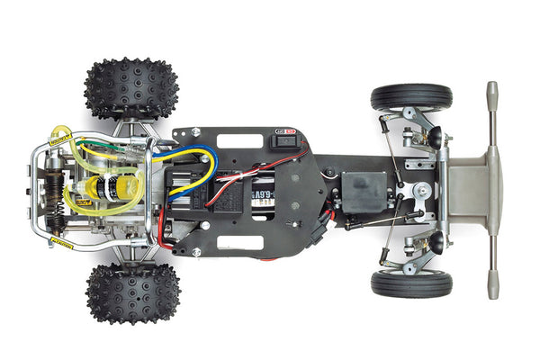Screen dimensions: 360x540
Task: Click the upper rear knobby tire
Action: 130,88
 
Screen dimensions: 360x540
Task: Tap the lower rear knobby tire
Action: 132,293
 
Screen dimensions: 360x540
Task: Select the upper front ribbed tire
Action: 411,97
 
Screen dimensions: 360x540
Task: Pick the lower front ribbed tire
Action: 411,283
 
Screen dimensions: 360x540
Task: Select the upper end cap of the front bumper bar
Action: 491,92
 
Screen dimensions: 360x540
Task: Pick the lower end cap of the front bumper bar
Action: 491,290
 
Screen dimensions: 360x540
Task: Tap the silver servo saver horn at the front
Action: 420,190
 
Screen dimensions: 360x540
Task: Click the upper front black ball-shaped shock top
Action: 435,137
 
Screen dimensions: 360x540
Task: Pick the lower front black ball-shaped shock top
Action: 435,243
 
